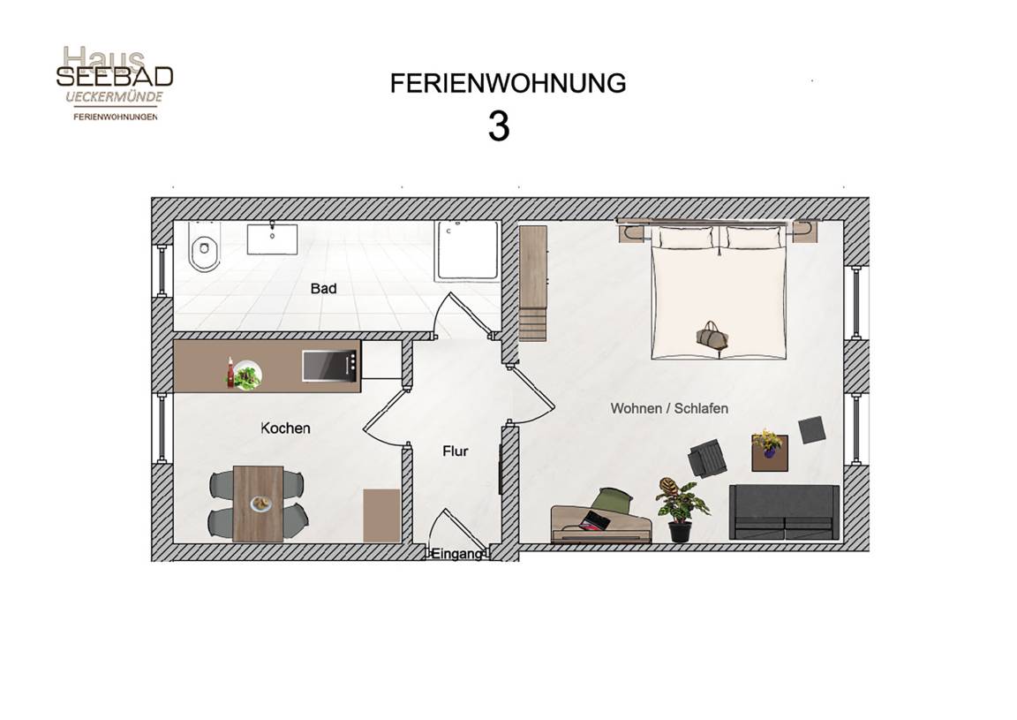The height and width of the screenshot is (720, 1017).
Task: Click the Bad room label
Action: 323,288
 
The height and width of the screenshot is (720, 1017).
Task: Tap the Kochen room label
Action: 285,428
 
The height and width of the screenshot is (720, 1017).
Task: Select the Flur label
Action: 456,451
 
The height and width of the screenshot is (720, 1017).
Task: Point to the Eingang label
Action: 457,554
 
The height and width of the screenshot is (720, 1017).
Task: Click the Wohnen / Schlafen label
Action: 669,408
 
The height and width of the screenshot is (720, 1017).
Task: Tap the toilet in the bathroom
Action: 204,251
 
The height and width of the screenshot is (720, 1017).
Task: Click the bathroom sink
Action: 272,239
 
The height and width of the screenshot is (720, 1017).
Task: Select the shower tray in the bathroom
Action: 468,251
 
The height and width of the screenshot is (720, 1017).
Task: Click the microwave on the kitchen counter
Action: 329,366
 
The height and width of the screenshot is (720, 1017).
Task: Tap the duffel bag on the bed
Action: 712,336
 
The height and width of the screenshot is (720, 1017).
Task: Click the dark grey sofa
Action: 784,512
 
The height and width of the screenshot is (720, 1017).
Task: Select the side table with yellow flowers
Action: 770,452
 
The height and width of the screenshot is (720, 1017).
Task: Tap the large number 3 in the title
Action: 499,126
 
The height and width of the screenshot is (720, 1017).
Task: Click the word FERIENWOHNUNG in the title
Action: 508,83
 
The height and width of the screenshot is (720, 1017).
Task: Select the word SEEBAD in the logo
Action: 115,77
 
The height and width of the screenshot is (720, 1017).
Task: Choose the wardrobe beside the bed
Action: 533,283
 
